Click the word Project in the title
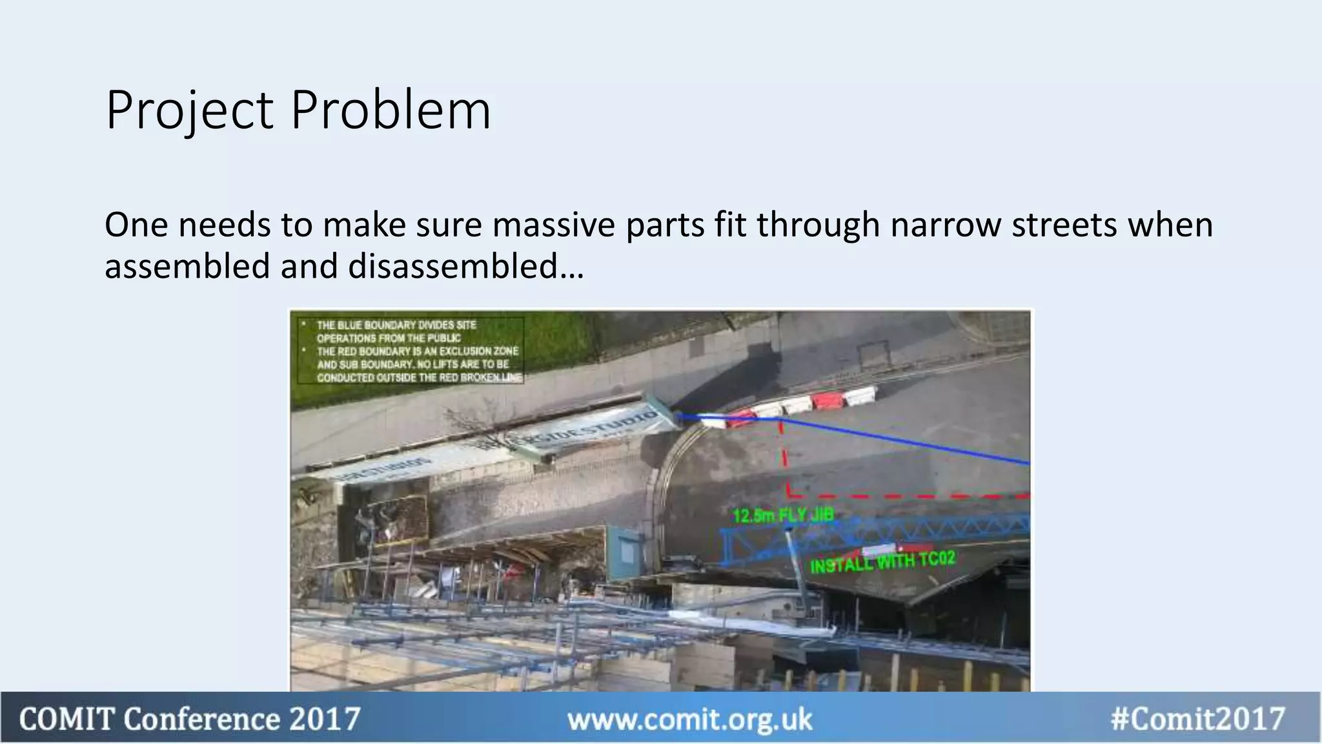coord(190,111)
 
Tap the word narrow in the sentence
coord(945,225)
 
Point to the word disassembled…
coord(465,266)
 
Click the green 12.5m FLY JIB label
coord(783,515)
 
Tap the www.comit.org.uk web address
coord(689,719)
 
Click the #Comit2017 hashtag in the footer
coord(1198,719)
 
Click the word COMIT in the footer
coord(66,719)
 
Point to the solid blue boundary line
coord(904,439)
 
